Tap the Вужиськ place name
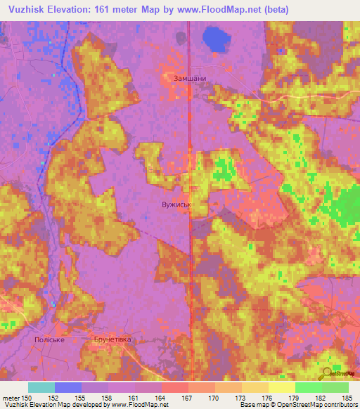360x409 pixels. [176, 204]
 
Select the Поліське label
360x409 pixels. [49, 339]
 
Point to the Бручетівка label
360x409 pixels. [112, 339]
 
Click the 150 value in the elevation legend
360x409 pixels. [26, 399]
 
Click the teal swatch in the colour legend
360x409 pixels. [41, 387]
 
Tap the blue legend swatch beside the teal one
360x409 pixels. [68, 387]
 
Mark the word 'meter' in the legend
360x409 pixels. [11, 399]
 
